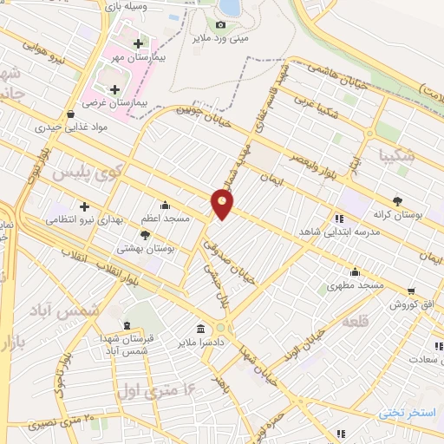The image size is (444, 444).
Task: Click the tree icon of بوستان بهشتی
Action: coord(145,234)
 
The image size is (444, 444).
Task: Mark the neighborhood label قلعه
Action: coord(356,321)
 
